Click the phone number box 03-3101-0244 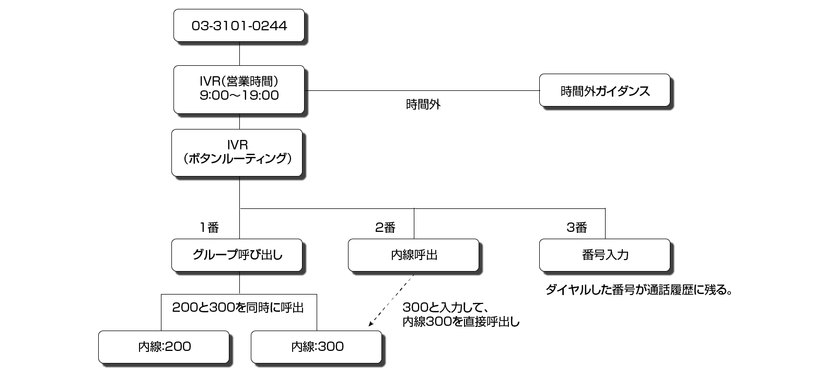[x=239, y=26]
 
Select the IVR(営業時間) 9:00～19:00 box [x=239, y=89]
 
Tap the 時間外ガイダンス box [x=605, y=91]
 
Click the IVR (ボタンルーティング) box [x=237, y=152]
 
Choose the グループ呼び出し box [x=237, y=255]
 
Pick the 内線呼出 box [x=413, y=255]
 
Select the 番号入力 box [x=605, y=255]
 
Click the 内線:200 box [x=164, y=346]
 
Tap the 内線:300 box [x=316, y=346]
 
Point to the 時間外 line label [x=423, y=104]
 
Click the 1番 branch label [x=208, y=227]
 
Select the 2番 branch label [x=385, y=227]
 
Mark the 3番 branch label [x=576, y=227]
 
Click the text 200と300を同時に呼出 [x=238, y=308]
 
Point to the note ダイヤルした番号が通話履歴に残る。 [x=638, y=290]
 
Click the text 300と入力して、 [x=445, y=308]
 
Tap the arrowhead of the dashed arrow [x=371, y=324]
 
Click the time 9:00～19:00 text [x=239, y=96]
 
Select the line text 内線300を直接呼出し [x=461, y=322]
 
